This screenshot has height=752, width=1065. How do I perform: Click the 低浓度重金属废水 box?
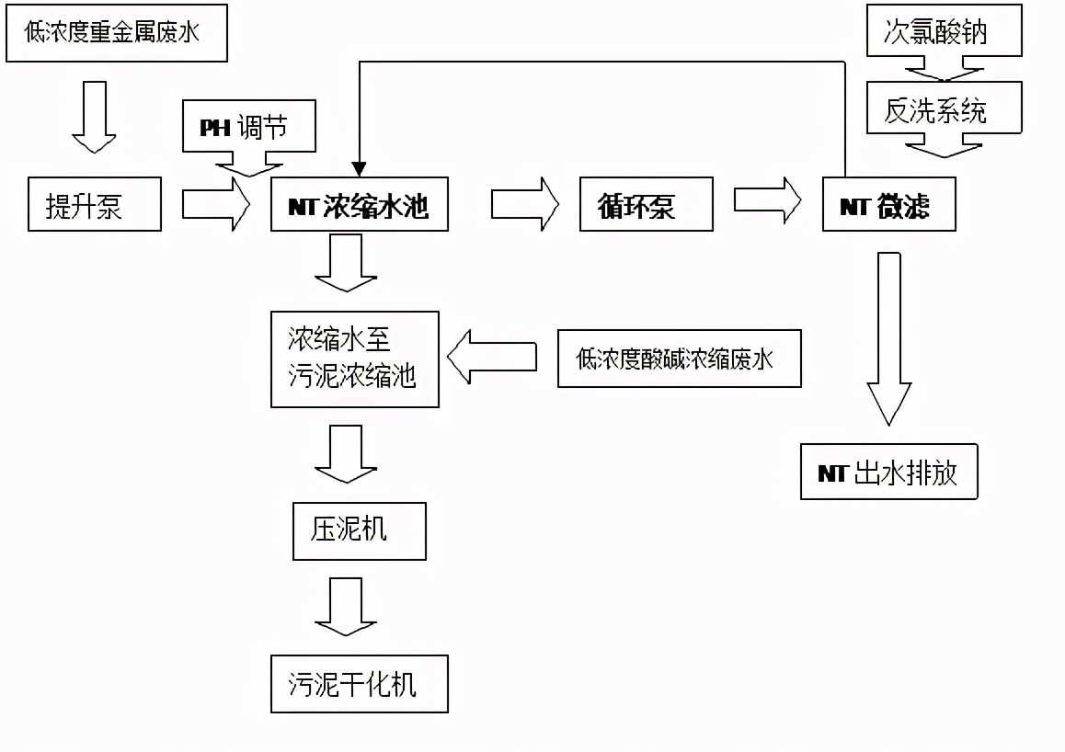click(x=114, y=34)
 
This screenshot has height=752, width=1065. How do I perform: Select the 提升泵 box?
click(x=94, y=205)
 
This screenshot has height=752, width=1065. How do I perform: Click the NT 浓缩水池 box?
click(x=359, y=205)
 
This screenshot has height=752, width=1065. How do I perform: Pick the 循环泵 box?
click(x=647, y=205)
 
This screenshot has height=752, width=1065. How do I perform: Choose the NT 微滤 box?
click(x=888, y=205)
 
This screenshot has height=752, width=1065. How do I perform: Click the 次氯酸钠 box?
click(x=944, y=33)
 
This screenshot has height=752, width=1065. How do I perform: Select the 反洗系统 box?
click(x=944, y=109)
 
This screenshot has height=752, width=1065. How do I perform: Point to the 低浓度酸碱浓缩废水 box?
click(x=679, y=359)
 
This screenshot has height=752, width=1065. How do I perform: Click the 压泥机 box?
click(x=359, y=530)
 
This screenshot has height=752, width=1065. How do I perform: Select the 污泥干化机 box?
click(x=359, y=684)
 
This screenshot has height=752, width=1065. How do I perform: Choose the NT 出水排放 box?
click(x=888, y=473)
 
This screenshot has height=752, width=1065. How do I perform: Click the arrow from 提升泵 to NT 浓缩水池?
click(x=216, y=204)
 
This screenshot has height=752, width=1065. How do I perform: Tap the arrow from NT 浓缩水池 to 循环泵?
click(x=524, y=204)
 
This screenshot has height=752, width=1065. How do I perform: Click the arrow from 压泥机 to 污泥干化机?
click(x=346, y=605)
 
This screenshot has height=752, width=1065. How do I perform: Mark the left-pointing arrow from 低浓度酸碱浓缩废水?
click(x=492, y=357)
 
